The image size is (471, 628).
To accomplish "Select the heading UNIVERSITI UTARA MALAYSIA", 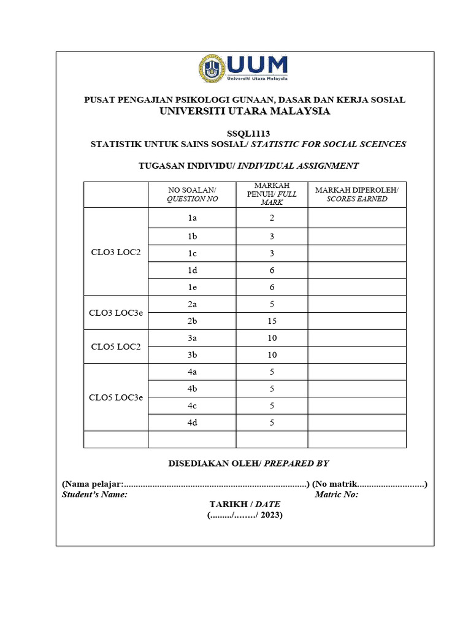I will [x=245, y=111].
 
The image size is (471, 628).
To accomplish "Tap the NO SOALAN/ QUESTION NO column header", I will [x=192, y=194].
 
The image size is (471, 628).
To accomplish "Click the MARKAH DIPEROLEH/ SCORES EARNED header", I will [x=356, y=194].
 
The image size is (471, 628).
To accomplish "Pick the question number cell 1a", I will [x=192, y=218].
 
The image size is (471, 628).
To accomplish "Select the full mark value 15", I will [x=272, y=321].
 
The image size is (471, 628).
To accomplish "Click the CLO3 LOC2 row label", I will [x=115, y=253].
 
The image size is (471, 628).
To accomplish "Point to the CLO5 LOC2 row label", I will [x=115, y=347].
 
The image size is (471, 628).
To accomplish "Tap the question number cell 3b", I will [x=192, y=355].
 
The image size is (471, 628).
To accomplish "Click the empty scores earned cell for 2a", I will [x=356, y=304].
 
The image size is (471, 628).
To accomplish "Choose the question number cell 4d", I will [x=192, y=423].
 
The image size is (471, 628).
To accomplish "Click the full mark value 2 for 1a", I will [x=272, y=218].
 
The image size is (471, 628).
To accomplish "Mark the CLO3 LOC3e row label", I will [x=115, y=313].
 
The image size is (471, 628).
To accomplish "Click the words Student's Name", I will [x=94, y=495].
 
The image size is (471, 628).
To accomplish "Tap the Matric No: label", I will [x=336, y=495].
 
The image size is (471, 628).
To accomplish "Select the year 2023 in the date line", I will [x=269, y=516].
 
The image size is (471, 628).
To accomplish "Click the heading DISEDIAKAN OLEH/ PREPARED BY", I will [x=245, y=464].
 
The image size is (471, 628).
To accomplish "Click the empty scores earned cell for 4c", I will [x=356, y=405].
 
